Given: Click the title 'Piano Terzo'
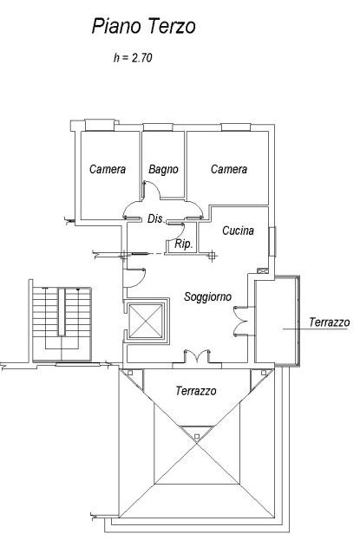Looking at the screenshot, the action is click(143, 26).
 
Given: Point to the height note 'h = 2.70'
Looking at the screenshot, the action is click(133, 57).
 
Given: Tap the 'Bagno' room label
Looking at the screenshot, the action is click(163, 169).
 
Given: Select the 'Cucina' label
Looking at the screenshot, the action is click(238, 231).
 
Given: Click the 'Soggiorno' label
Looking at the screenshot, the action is click(207, 296).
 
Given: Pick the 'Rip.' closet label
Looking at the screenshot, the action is click(183, 244).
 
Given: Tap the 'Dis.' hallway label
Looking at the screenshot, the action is click(156, 218).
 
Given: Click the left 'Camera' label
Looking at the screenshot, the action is click(108, 169).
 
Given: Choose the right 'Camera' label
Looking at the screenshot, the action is click(229, 169).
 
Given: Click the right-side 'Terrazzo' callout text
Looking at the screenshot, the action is click(330, 322).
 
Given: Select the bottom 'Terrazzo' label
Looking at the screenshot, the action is click(196, 391).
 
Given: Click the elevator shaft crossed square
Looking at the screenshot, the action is click(147, 321).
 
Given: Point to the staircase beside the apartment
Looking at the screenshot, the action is click(62, 321).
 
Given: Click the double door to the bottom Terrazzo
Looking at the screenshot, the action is click(197, 356).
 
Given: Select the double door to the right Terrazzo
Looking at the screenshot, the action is click(240, 321).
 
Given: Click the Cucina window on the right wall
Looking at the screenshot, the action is click(272, 242).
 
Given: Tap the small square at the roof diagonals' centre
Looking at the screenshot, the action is click(197, 437).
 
